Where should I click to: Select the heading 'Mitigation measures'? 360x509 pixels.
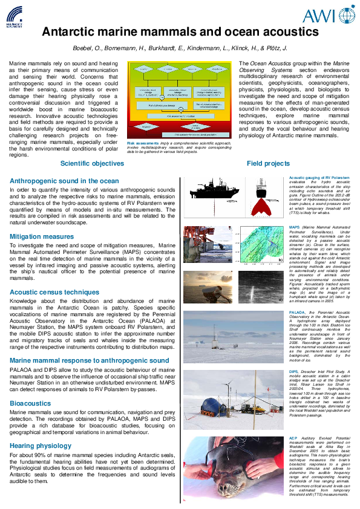tap(42, 236)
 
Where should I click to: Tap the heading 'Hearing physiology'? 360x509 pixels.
tap(41, 446)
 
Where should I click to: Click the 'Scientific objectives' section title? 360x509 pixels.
tap(92, 163)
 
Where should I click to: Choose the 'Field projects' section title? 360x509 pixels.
tap(268, 163)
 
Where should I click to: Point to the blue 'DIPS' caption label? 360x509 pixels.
tap(294, 371)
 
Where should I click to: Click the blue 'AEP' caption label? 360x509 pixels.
tap(293, 438)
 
